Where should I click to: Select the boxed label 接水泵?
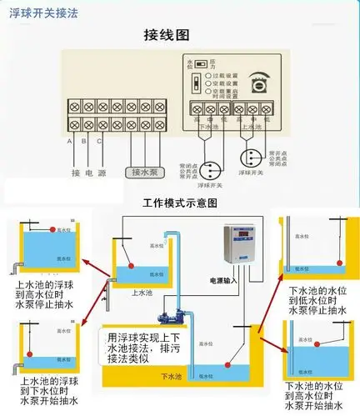(146, 172)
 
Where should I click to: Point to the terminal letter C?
(101, 140)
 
